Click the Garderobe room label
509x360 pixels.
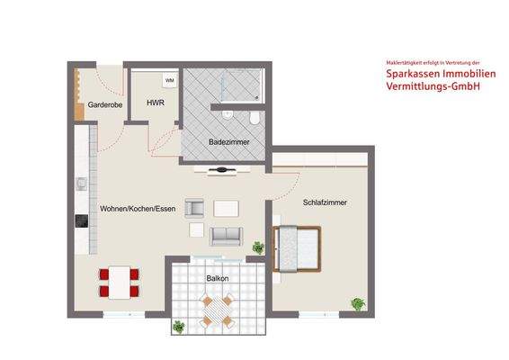coord(105,104)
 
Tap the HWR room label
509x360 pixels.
coord(155,103)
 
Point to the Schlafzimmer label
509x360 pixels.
coord(325,202)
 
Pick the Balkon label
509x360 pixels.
coord(217,278)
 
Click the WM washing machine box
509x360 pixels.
coord(169,81)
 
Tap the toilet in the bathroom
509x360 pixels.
coord(255,119)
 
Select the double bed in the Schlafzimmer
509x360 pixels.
coord(298,247)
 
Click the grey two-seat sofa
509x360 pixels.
coord(226,237)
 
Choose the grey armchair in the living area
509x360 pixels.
coord(195,209)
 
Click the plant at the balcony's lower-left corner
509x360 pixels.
coord(180,326)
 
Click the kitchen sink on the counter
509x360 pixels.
coord(80,184)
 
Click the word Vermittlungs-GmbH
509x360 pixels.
coord(433,87)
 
